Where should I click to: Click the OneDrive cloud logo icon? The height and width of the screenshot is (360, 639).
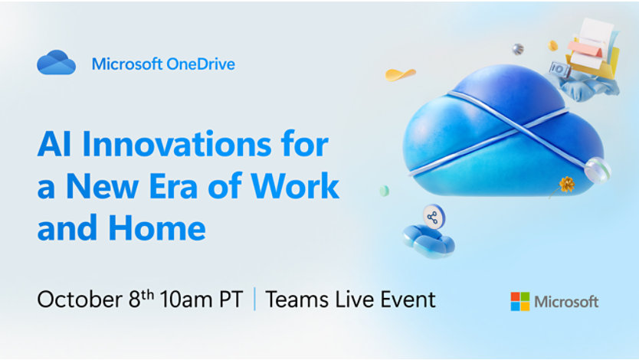56,62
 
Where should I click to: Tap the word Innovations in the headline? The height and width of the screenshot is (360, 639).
176,144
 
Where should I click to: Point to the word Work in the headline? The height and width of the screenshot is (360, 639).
295,185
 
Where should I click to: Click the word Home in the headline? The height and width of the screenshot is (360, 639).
157,227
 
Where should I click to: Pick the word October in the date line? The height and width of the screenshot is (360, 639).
80,299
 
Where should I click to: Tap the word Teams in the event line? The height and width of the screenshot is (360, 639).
297,299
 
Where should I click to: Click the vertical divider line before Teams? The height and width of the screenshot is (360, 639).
254,299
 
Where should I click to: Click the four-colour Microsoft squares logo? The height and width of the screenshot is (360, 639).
520,301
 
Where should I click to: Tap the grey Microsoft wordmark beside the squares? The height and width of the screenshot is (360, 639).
566,302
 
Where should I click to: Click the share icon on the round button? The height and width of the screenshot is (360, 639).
433,217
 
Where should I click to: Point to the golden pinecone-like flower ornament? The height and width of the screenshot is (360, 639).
566,185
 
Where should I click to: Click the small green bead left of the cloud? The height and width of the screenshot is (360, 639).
385,191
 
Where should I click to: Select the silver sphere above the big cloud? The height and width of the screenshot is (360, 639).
518,49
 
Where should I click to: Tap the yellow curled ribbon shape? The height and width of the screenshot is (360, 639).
400,74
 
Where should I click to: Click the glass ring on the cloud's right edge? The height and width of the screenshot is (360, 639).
598,170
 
